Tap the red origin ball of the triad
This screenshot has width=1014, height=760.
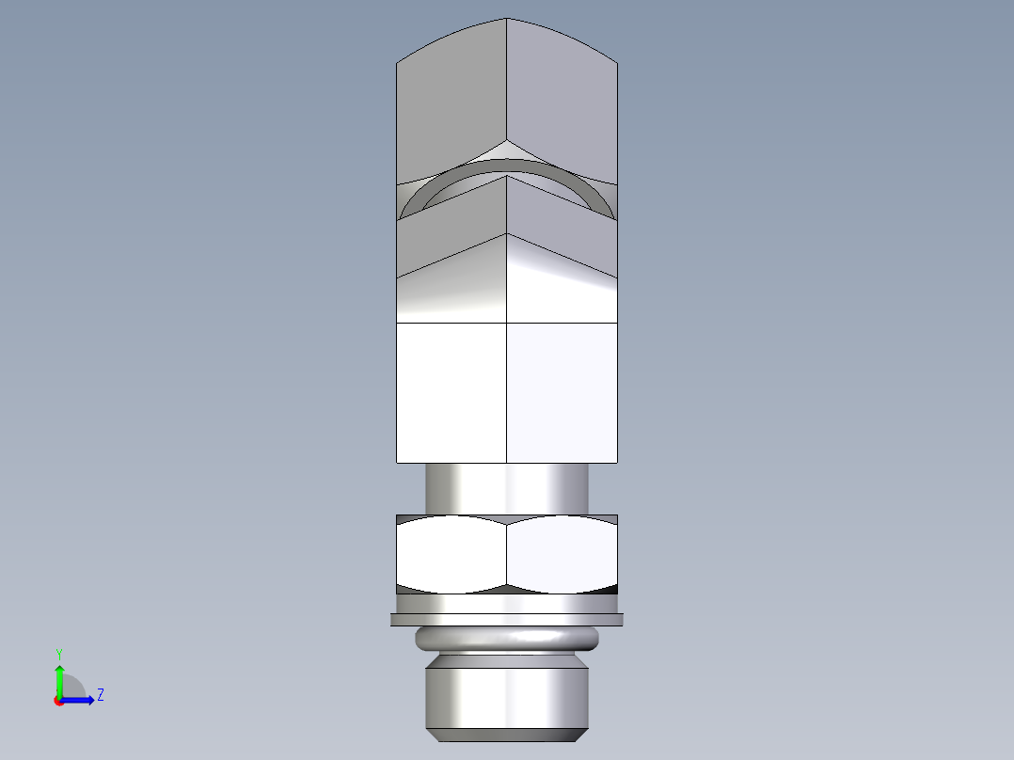pyautogui.click(x=58, y=701)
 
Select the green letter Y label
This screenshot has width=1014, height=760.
pyautogui.click(x=58, y=654)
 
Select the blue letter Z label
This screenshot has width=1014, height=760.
pyautogui.click(x=100, y=695)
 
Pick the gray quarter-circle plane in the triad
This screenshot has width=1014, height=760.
pyautogui.click(x=72, y=688)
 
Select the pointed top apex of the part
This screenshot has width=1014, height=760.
pyautogui.click(x=507, y=20)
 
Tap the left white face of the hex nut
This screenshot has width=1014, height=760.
pyautogui.click(x=452, y=555)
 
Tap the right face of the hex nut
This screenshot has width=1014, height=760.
pyautogui.click(x=562, y=555)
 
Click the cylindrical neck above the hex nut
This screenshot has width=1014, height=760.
pyautogui.click(x=507, y=487)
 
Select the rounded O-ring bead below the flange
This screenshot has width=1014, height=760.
pyautogui.click(x=507, y=640)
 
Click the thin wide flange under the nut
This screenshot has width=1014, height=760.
pyautogui.click(x=507, y=619)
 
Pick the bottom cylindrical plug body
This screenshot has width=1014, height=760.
pyautogui.click(x=507, y=696)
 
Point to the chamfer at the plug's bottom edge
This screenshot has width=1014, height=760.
pyautogui.click(x=507, y=733)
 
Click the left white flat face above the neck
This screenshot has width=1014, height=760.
pyautogui.click(x=452, y=392)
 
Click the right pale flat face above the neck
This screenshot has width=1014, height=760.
pyautogui.click(x=562, y=392)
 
